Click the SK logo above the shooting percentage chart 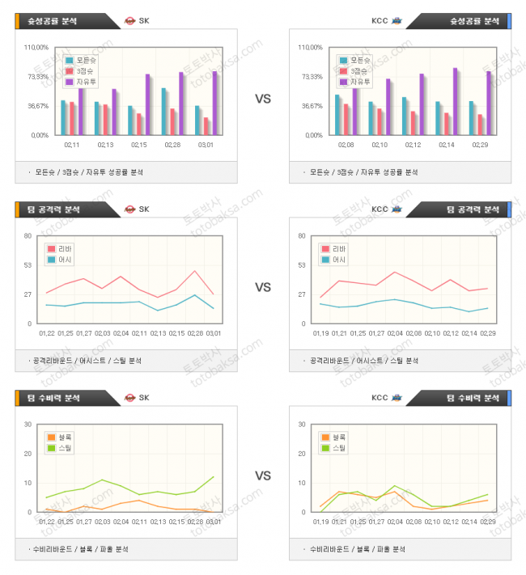(x=130, y=20)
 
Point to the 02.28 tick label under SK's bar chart (x=172, y=146)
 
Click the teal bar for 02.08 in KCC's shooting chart (x=337, y=114)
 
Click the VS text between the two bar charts (x=263, y=99)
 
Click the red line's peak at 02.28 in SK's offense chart (x=194, y=271)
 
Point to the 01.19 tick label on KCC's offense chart (x=321, y=332)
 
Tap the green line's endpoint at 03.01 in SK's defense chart (x=214, y=476)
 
